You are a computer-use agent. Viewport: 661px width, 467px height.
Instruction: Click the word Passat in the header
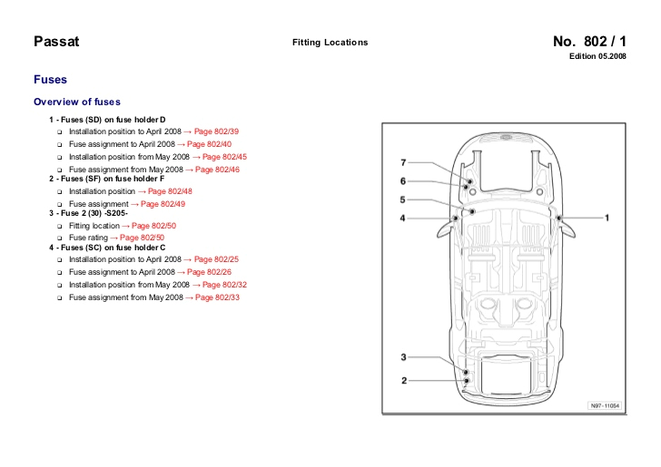pyautogui.click(x=56, y=42)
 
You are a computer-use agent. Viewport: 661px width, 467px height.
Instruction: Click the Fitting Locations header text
pyautogui.click(x=330, y=43)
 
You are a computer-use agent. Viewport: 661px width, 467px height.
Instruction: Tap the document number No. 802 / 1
pyautogui.click(x=589, y=42)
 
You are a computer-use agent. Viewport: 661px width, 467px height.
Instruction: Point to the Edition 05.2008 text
pyautogui.click(x=597, y=57)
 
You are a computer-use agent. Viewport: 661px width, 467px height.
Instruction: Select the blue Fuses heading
pyautogui.click(x=50, y=80)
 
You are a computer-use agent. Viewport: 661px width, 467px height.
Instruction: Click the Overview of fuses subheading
pyautogui.click(x=76, y=102)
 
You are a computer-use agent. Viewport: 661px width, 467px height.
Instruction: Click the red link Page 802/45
pyautogui.click(x=224, y=157)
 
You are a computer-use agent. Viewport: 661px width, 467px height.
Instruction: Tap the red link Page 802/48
pyautogui.click(x=170, y=192)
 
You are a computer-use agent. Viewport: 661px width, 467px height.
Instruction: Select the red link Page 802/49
pyautogui.click(x=162, y=205)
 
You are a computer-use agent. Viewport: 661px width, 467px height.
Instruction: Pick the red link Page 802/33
pyautogui.click(x=217, y=297)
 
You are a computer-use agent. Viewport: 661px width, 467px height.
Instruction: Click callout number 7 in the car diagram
pyautogui.click(x=404, y=162)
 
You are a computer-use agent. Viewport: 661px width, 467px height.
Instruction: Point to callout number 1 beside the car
pyautogui.click(x=607, y=218)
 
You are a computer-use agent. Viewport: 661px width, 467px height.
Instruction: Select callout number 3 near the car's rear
pyautogui.click(x=404, y=357)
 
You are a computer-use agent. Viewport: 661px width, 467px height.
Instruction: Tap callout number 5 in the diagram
pyautogui.click(x=404, y=199)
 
